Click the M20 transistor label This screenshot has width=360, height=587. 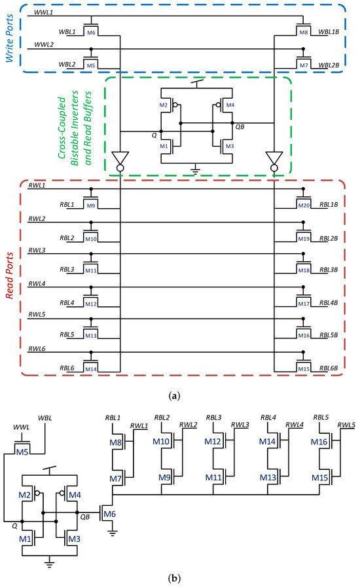coord(302,205)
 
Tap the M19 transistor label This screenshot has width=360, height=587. coord(302,238)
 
